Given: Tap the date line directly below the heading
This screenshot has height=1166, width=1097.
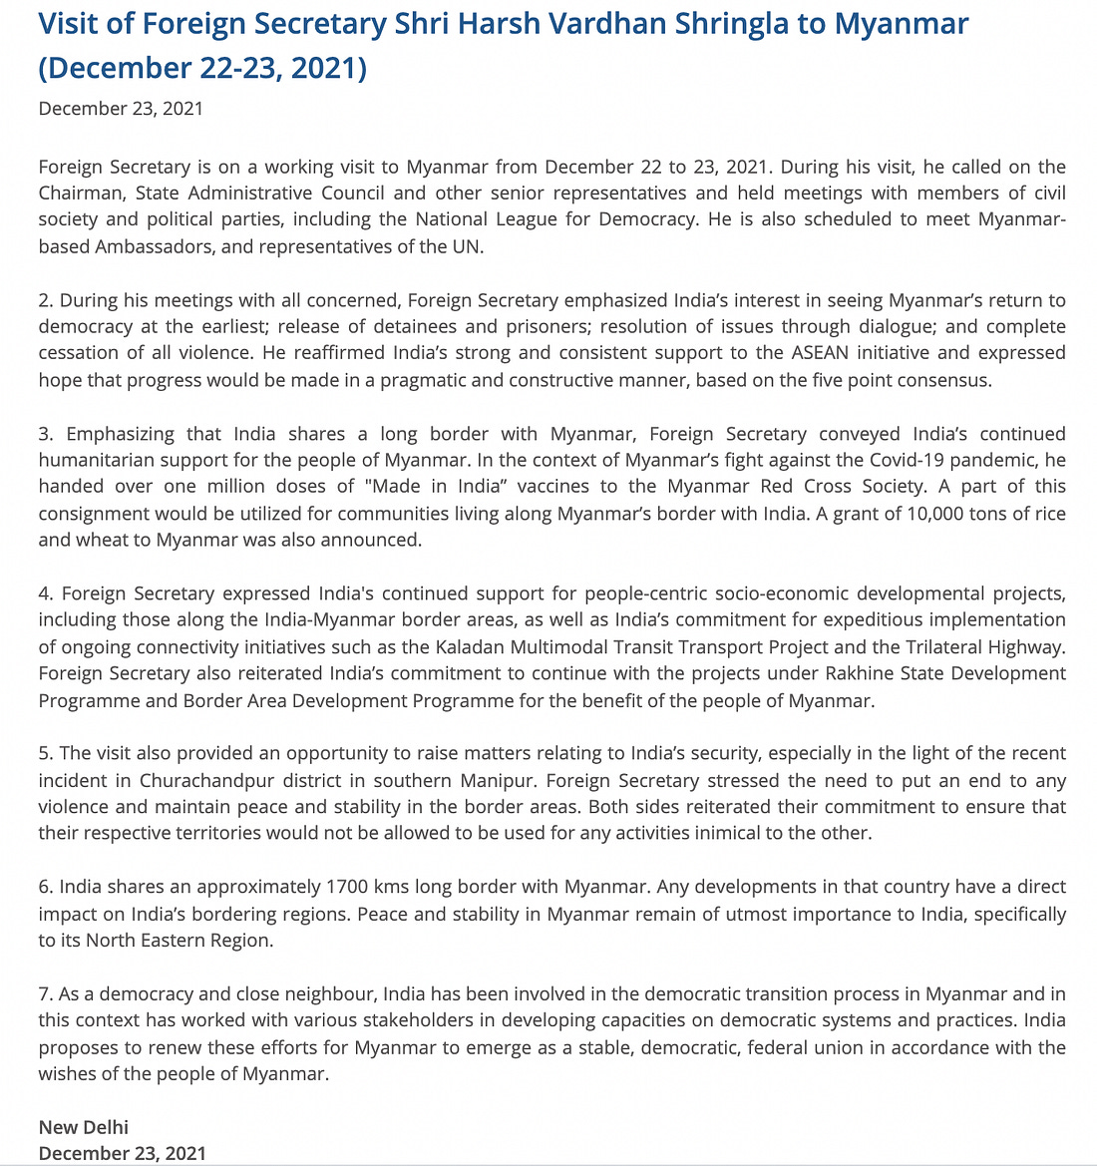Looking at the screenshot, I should pyautogui.click(x=121, y=109).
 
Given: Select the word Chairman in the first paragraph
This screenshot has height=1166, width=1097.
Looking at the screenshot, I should pyautogui.click(x=82, y=193).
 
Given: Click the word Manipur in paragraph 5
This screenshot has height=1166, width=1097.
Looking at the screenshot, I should pyautogui.click(x=502, y=780).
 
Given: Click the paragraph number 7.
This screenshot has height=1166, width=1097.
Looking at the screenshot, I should pyautogui.click(x=45, y=993).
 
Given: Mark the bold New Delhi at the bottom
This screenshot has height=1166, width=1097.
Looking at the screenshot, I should pyautogui.click(x=84, y=1127).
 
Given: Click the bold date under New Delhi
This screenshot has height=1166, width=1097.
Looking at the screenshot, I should pyautogui.click(x=123, y=1153).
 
